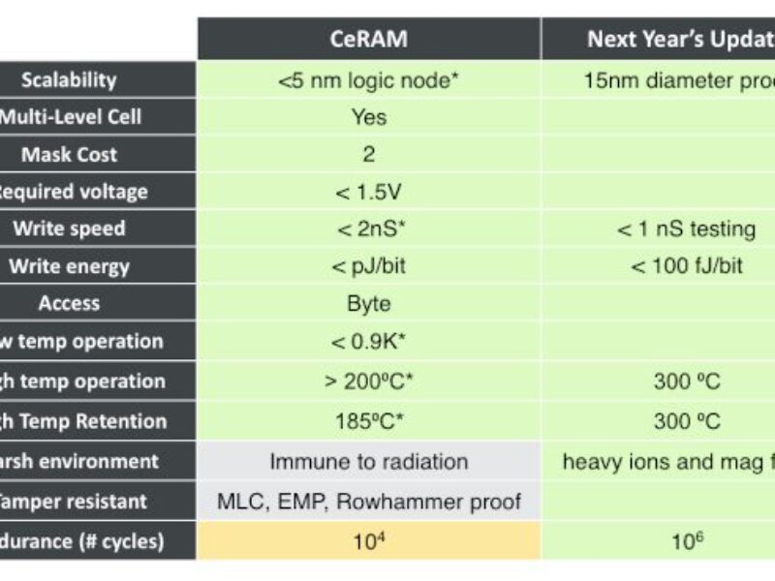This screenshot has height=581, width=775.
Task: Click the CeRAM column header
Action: pos(368,40)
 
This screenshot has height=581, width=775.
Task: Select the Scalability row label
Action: pos(70,80)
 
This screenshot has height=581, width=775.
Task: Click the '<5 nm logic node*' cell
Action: pos(368,80)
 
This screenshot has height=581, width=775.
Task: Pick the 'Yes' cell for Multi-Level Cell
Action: pos(368,117)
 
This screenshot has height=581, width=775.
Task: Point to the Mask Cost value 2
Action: pos(368,155)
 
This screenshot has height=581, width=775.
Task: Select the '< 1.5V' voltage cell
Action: pos(368,192)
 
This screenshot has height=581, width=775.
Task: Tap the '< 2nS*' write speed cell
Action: pos(368,229)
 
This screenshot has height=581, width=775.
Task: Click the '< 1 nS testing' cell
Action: pos(686,229)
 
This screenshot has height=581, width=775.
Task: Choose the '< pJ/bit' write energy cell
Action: pos(368,266)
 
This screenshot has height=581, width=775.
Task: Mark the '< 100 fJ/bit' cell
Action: pos(686,266)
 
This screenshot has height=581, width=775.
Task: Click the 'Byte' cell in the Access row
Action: pos(368,304)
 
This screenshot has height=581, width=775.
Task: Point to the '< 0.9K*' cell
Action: pos(368,342)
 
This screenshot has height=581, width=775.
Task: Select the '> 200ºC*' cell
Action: pos(368,382)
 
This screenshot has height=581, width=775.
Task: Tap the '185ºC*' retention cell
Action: pos(368,421)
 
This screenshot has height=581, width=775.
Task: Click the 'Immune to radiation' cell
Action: pos(368,462)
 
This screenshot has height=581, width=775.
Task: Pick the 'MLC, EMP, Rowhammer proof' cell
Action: pos(368,502)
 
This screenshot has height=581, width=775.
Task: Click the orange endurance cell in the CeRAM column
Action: pos(368,540)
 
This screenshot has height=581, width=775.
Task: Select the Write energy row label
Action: pos(70,266)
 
